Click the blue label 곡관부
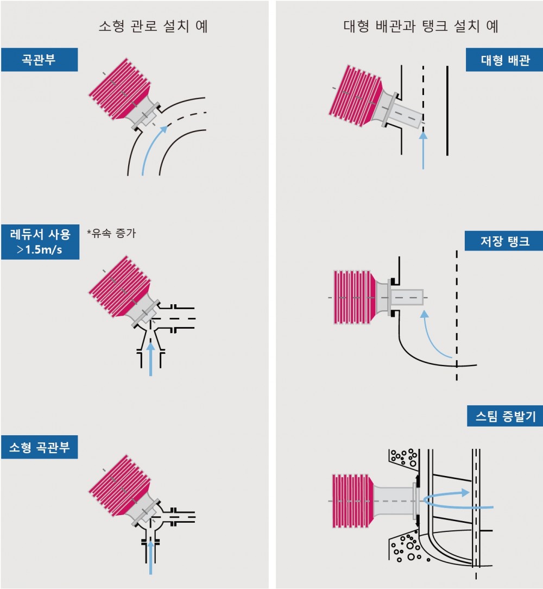[x=39, y=60]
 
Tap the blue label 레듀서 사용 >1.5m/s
[x=40, y=242]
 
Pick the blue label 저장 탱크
[x=504, y=240]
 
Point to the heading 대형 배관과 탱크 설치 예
[x=421, y=26]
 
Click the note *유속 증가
[x=111, y=234]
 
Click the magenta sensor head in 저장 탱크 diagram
[x=353, y=297]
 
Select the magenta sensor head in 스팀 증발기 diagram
[x=352, y=500]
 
